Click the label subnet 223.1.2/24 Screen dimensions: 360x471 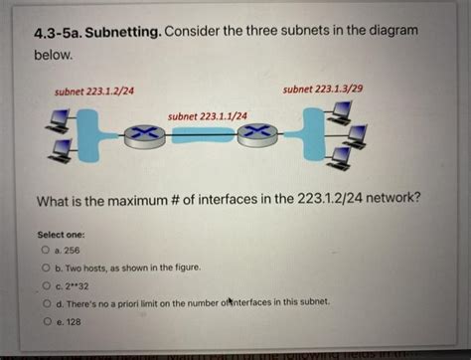94,91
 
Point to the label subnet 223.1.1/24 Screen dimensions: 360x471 208,115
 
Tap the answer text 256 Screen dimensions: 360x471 73,252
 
